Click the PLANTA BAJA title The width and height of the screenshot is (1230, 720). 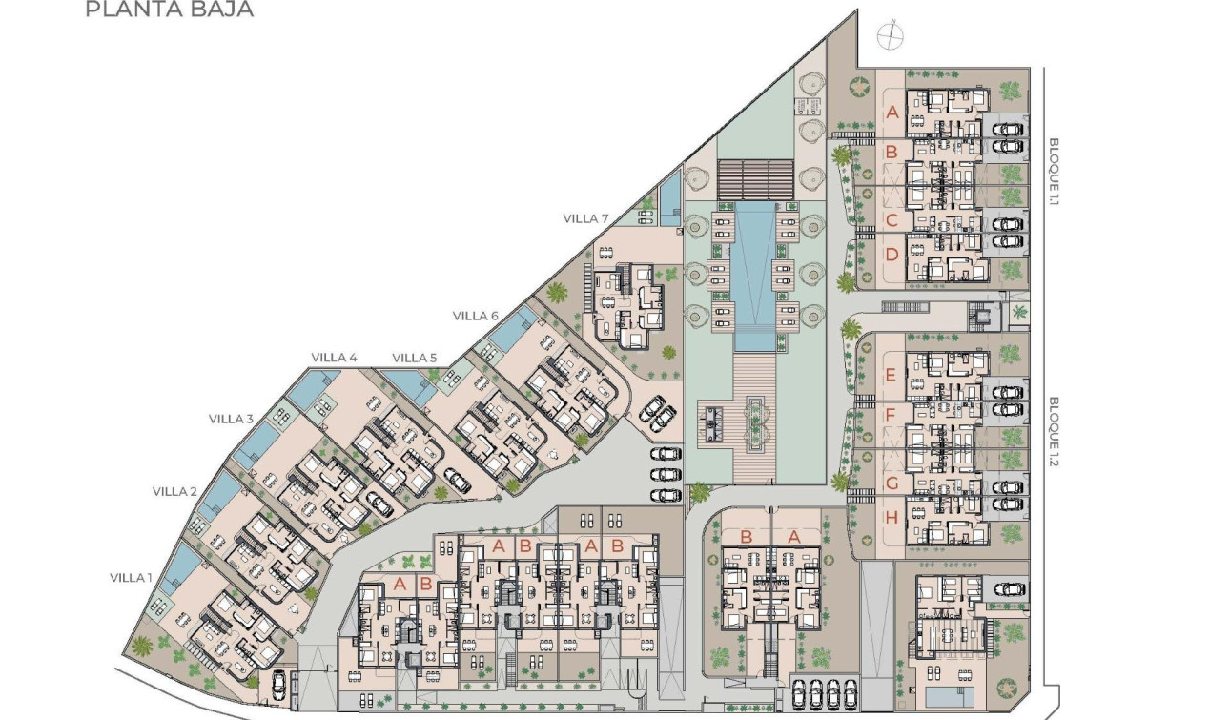pos(169,10)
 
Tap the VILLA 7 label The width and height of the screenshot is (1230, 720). pos(585,218)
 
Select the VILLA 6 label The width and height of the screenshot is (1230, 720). pos(476,316)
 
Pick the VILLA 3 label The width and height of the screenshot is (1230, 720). pos(232,419)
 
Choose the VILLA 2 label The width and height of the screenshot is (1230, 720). pos(174,491)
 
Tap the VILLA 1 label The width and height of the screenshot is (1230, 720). pos(131,577)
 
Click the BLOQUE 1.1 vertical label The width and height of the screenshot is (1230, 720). pos(1054,172)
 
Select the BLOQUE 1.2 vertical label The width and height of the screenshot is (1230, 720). pos(1054,429)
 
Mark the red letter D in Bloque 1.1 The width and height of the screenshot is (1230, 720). pos(892,255)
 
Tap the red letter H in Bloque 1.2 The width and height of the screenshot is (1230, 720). pos(892,518)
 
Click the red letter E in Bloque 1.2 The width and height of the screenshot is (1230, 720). pos(892,375)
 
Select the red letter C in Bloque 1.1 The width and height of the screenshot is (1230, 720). pos(892,220)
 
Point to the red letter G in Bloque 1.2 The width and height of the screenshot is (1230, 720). pos(892,483)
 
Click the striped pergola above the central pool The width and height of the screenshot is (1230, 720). pos(755,179)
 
